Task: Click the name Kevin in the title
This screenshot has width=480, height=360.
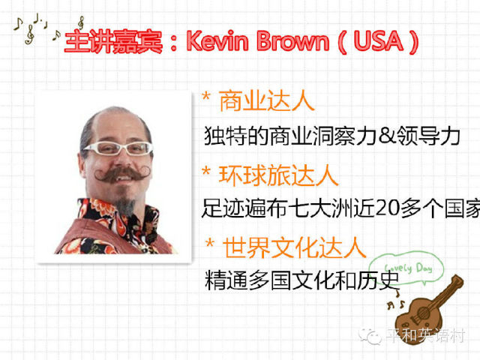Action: click(218, 40)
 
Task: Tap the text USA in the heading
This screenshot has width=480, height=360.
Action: click(378, 40)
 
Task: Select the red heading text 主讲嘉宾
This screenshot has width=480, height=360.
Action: click(113, 42)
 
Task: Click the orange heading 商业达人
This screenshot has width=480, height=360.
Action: click(267, 101)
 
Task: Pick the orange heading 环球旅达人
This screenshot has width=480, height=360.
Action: click(278, 175)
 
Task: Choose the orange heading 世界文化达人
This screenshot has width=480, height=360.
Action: click(295, 247)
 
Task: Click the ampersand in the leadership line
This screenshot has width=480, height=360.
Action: click(387, 135)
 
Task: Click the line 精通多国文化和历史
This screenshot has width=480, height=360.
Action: click(302, 280)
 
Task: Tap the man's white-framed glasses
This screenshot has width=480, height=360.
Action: click(118, 148)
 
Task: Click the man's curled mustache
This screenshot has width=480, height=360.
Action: click(122, 175)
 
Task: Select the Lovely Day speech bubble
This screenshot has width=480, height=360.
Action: click(406, 268)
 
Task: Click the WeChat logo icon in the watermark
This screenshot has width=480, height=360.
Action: click(370, 336)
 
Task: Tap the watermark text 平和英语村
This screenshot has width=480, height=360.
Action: click(425, 336)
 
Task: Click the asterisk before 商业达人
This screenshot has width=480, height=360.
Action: click(206, 97)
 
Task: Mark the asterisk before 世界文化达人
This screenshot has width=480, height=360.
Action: click(210, 243)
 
